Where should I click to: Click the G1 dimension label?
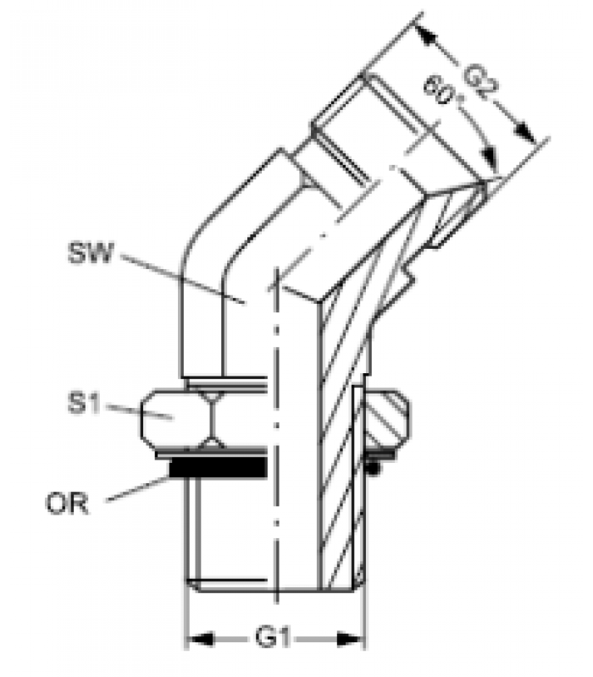(x=272, y=637)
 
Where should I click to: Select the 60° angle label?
(x=440, y=91)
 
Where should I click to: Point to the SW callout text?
(x=91, y=253)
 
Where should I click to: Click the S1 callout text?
(x=84, y=404)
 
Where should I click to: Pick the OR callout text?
(x=67, y=504)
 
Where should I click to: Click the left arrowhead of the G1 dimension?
(x=200, y=639)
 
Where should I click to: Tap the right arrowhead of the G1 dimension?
(x=350, y=639)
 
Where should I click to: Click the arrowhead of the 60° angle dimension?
(x=490, y=158)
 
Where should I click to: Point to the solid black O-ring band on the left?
(x=219, y=468)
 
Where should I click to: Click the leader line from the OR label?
(x=138, y=488)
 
